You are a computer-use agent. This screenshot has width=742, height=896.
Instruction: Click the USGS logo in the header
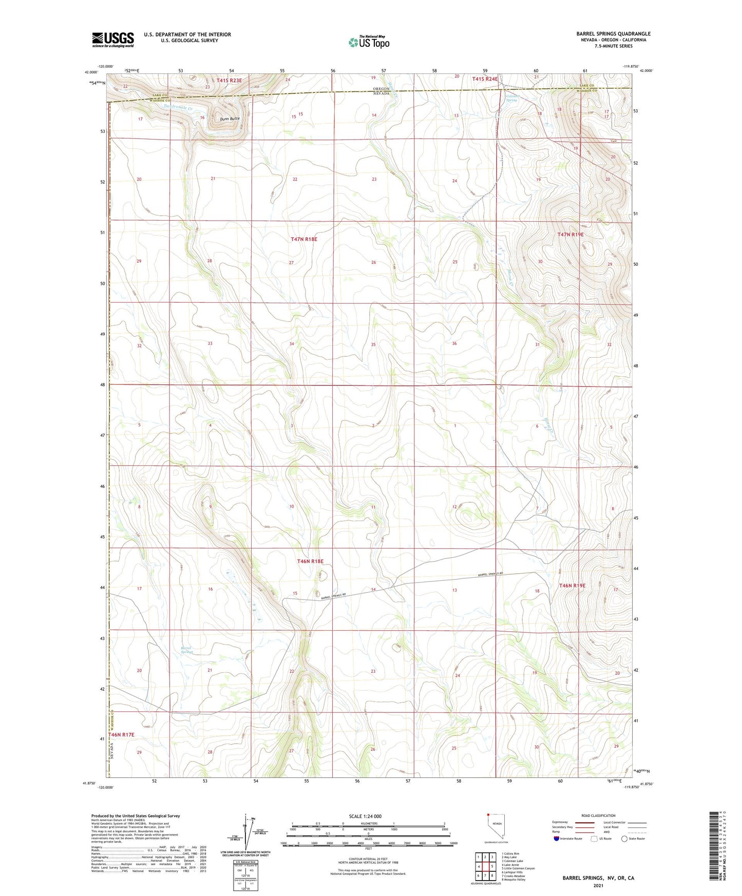112,40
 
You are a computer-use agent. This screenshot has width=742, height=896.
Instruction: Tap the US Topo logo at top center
369,42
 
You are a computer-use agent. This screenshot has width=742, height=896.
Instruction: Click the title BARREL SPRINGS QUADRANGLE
613,34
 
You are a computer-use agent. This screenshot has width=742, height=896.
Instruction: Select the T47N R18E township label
304,239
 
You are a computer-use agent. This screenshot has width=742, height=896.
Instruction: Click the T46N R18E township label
310,561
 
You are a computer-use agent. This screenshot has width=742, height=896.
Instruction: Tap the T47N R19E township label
570,235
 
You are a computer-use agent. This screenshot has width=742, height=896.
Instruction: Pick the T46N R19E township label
572,586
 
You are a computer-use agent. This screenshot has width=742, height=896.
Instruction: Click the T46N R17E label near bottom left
121,735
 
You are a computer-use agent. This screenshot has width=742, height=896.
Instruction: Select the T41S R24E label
485,79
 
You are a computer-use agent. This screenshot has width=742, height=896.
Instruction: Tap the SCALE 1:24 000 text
365,816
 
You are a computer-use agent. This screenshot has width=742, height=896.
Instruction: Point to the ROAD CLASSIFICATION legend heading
598,815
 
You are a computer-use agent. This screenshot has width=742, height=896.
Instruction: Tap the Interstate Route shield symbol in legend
557,839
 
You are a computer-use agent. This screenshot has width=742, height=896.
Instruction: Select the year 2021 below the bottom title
598,886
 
